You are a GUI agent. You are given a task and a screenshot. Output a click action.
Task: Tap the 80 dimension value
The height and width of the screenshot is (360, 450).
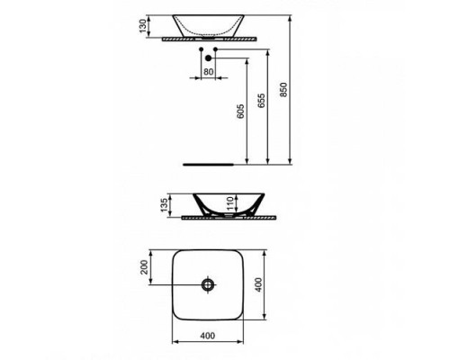[208, 71]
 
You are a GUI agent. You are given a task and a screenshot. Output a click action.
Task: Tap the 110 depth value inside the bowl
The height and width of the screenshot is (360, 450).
[229, 202]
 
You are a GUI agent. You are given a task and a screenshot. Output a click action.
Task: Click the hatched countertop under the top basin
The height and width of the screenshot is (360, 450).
[208, 40]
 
